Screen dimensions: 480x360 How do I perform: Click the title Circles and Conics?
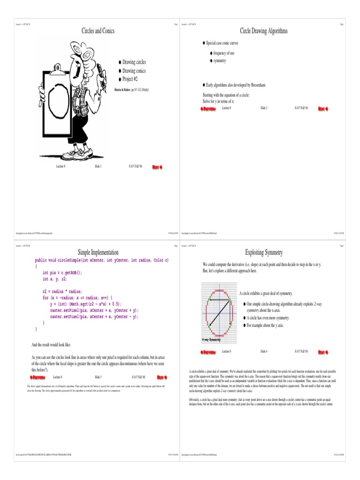pyautogui.click(x=98, y=31)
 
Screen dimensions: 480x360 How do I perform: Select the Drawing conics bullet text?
pyautogui.click(x=134, y=71)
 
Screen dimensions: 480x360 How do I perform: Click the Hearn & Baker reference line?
pyautogui.click(x=131, y=89)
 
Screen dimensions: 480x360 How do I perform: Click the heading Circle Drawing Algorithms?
pyautogui.click(x=263, y=31)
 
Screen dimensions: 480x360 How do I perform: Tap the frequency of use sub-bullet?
pyautogui.click(x=224, y=53)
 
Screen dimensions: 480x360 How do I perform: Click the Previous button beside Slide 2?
pyautogui.click(x=208, y=109)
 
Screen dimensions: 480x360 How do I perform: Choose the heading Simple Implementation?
pyautogui.click(x=98, y=252)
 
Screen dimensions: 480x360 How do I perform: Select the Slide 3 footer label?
pyautogui.click(x=98, y=377)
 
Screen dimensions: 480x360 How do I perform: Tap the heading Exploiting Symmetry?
pyautogui.click(x=263, y=253)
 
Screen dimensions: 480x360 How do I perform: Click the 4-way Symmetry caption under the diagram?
pyautogui.click(x=211, y=339)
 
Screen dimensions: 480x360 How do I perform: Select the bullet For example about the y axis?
pyautogui.click(x=265, y=325)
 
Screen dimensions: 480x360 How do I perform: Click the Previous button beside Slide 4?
pyautogui.click(x=208, y=352)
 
